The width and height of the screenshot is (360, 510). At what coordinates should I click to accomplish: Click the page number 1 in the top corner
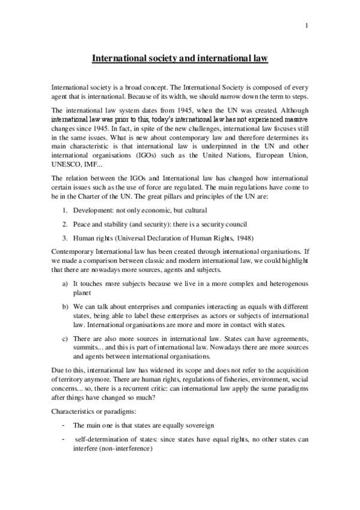pos(307,26)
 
